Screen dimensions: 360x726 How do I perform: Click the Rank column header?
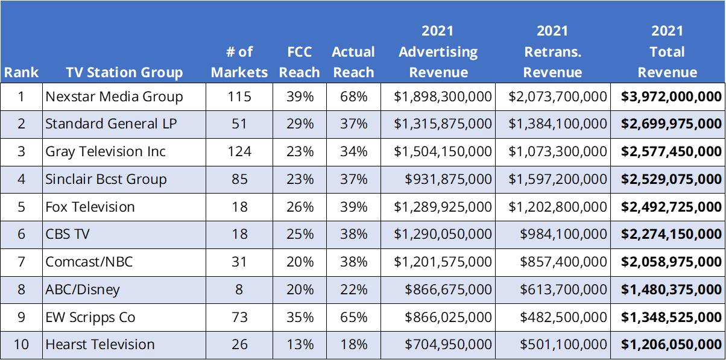[x=21, y=73]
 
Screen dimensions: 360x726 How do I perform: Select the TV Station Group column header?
[x=124, y=73]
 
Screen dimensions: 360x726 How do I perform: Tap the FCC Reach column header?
[x=300, y=62]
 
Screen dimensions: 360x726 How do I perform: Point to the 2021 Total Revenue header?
[x=668, y=52]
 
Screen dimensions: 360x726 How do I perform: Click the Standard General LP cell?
[x=102, y=124]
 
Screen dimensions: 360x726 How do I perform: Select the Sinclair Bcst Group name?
[x=106, y=179]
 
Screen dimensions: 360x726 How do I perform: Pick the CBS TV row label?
[x=68, y=234]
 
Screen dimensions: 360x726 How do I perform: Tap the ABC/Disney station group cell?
[x=83, y=289]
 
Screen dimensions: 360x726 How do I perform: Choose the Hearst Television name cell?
[x=100, y=344]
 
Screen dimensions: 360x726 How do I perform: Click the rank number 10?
[x=21, y=344]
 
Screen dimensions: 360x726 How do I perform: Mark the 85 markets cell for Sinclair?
[x=239, y=179]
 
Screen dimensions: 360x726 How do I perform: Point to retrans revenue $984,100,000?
[x=563, y=234]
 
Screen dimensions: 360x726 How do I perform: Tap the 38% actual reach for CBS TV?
[x=353, y=234]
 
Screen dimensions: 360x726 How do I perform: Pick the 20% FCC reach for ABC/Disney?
[x=300, y=289]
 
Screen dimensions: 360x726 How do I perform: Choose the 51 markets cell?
[x=239, y=124]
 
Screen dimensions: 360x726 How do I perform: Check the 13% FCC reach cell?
[x=300, y=344]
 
